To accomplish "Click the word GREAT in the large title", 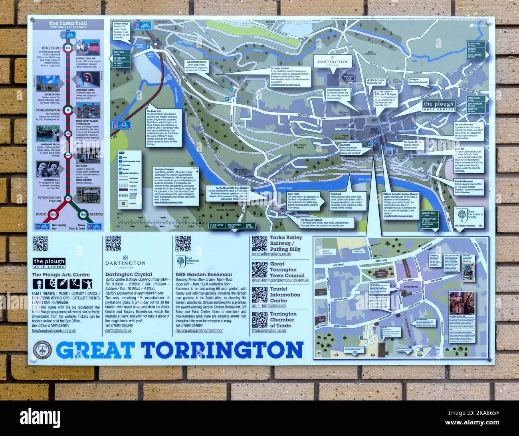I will coord(95,350).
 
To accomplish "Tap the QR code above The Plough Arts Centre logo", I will coord(40,244).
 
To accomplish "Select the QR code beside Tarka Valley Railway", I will coord(259,243).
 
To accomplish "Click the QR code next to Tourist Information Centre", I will coord(259,295).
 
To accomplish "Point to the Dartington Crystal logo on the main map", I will coord(333,62).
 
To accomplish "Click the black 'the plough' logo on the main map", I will coord(438,105).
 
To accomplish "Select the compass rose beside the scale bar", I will coord(200,223).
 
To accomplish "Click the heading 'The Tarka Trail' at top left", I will coord(67,24).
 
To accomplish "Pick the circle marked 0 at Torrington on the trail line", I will coord(68,110).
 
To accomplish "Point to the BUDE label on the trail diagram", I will coord(41,214).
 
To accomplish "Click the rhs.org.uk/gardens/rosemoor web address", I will coord(199,331).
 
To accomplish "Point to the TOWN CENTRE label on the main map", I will coord(364,143).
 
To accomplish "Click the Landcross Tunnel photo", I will coord(89,80).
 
